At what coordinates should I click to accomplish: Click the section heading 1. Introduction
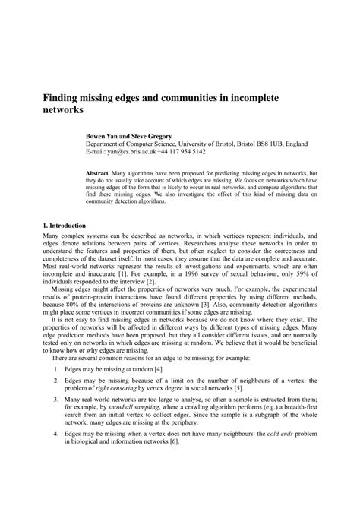point(65,226)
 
